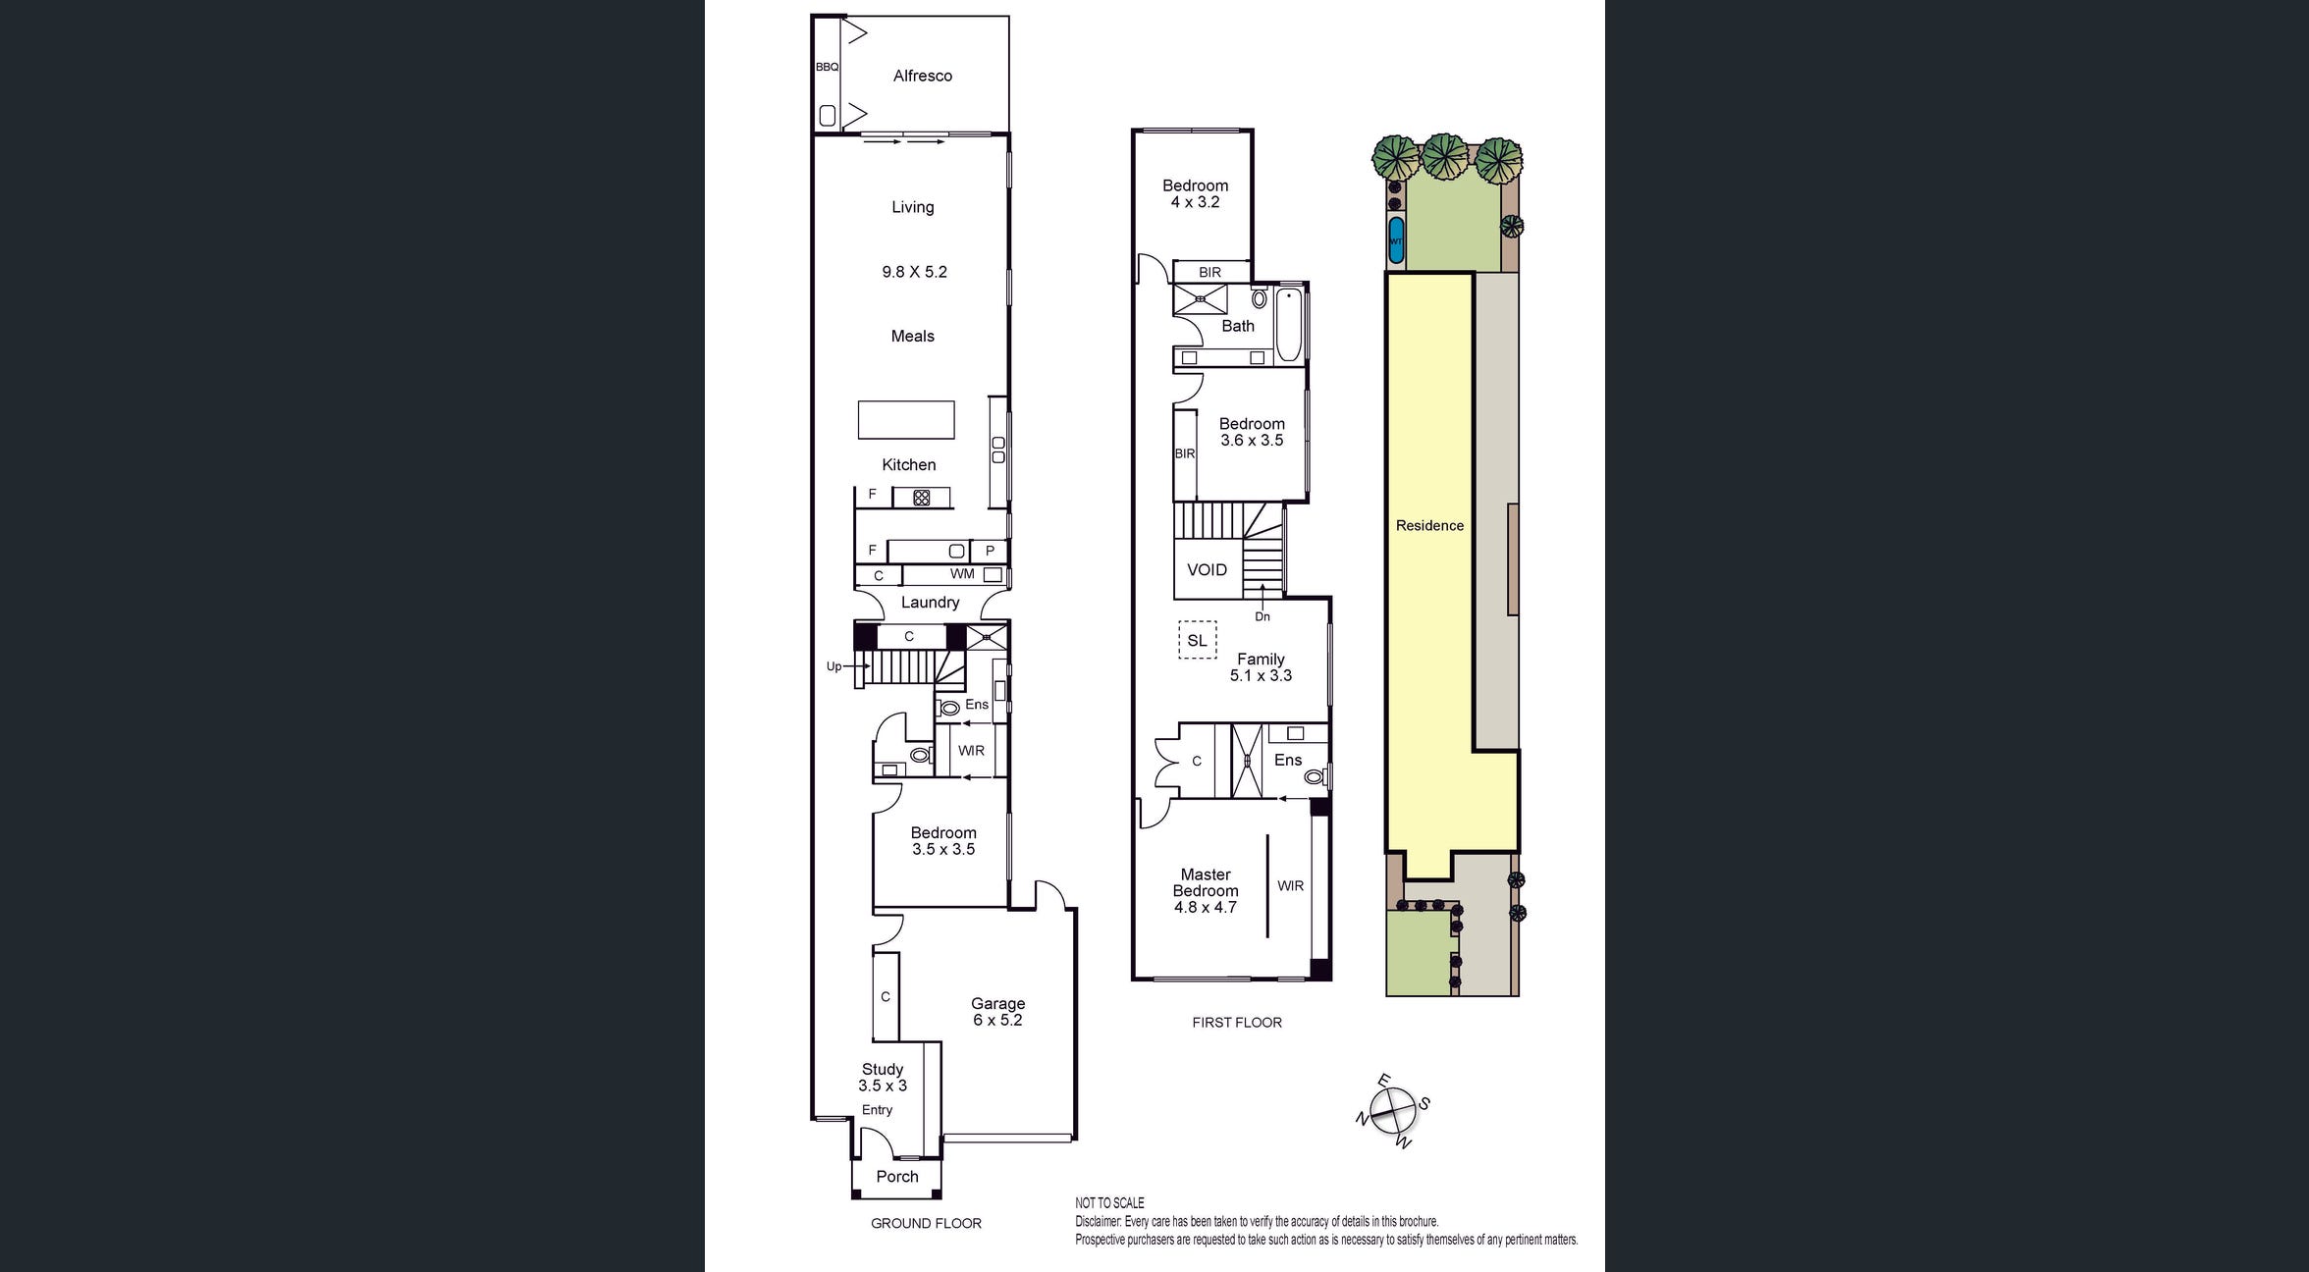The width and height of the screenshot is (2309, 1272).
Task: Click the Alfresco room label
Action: click(922, 76)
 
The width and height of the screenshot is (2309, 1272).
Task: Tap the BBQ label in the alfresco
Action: click(827, 67)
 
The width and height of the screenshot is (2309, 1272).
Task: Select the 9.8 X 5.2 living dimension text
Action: click(914, 272)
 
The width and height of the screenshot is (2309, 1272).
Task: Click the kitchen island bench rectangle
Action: click(906, 419)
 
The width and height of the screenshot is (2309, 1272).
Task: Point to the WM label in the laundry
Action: click(962, 574)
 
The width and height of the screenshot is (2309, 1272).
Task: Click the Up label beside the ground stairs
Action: click(833, 666)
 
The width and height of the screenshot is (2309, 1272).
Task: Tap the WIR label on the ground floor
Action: click(971, 751)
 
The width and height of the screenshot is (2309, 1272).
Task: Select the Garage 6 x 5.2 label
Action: click(997, 1012)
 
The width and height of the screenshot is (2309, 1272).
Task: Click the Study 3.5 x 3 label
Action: click(883, 1078)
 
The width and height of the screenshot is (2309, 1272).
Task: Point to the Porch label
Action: click(897, 1177)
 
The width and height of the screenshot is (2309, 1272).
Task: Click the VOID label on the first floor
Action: click(1207, 570)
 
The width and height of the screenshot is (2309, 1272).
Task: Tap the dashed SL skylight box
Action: click(1197, 640)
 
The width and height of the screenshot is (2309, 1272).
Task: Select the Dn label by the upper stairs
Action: click(1262, 616)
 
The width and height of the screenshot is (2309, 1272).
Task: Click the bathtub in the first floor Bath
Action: click(1289, 325)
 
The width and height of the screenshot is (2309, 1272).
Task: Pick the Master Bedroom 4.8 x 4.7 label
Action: click(1206, 891)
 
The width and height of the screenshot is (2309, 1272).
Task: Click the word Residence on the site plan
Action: click(1429, 526)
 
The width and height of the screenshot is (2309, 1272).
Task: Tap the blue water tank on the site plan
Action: click(1396, 240)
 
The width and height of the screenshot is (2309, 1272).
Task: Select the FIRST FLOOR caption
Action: click(1237, 1023)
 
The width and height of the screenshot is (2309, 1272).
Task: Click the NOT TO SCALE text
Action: click(1109, 1203)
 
